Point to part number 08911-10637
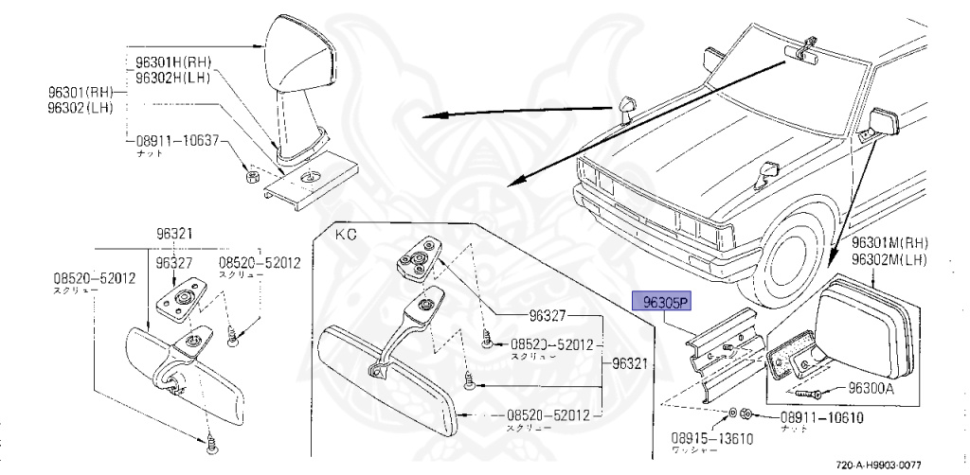(178, 140)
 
